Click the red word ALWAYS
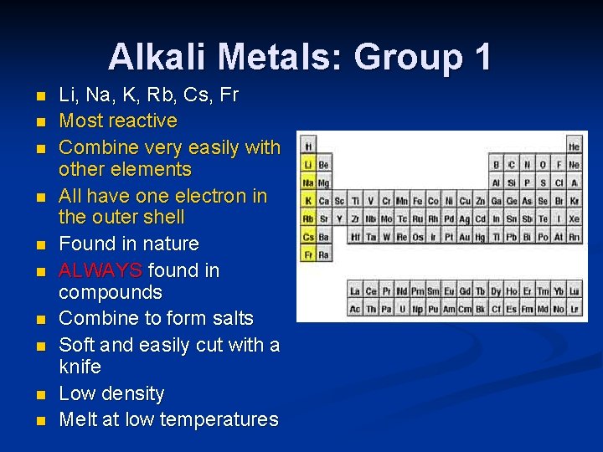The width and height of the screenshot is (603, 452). tap(100, 270)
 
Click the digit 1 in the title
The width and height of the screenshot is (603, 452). tap(482, 58)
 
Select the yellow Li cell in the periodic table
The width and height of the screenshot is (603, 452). tap(308, 164)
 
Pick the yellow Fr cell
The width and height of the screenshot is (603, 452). tap(308, 254)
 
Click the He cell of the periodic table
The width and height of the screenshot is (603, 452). tap(574, 146)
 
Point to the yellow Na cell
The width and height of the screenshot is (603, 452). tap(308, 182)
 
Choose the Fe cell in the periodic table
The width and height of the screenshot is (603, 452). tap(417, 201)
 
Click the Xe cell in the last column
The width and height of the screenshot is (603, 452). tap(574, 218)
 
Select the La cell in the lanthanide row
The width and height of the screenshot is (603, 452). tap(355, 291)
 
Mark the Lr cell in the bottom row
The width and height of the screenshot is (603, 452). tap(574, 309)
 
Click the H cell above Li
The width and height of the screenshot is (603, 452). tap(308, 146)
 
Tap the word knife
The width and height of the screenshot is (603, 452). tap(80, 367)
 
